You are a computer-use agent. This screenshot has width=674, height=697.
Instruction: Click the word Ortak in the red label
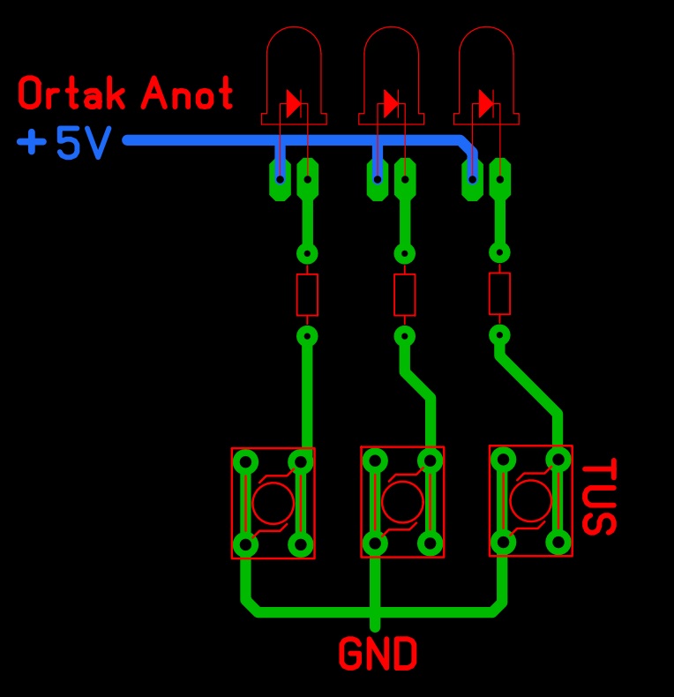pos(72,93)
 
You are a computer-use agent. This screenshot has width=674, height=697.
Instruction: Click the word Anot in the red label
pos(187,93)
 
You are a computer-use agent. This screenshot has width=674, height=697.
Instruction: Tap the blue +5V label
pos(64,142)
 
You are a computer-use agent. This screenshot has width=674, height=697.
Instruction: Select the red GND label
pos(378,654)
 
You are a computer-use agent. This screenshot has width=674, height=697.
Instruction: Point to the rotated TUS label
pos(599,497)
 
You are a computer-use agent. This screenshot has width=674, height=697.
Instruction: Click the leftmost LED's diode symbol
pos(294,103)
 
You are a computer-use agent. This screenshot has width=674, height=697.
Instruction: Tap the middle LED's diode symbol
pos(391,103)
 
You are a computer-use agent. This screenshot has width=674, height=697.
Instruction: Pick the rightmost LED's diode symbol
pos(486,103)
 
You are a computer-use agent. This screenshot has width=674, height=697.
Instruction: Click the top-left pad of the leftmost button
pos(245,462)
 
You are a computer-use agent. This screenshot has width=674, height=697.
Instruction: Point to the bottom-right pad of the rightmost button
pos(558,543)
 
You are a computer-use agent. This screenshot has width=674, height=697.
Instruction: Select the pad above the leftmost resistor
pos(307,255)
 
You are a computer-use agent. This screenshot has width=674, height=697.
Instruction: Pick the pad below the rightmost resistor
pos(499,335)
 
